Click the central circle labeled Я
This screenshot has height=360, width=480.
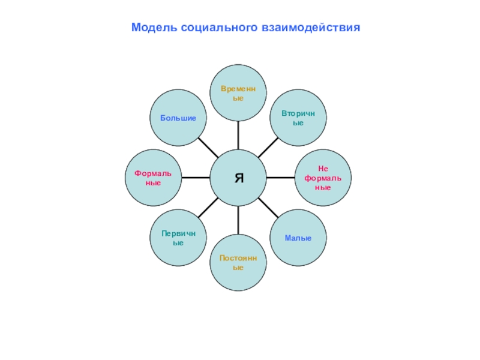(x=238, y=178)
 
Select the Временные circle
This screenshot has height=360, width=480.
(x=238, y=93)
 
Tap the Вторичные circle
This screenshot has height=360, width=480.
(x=298, y=118)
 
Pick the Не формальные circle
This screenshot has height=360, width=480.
(x=323, y=178)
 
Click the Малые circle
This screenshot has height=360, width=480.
(x=298, y=238)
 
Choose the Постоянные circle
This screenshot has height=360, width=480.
(x=238, y=262)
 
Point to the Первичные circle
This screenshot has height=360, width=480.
(x=178, y=238)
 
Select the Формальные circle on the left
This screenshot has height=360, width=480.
(x=153, y=178)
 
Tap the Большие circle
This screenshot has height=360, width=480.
(x=178, y=118)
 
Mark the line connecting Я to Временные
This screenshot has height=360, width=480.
(x=238, y=135)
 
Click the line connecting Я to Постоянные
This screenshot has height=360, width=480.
(x=238, y=220)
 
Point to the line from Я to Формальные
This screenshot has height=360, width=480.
(x=195, y=178)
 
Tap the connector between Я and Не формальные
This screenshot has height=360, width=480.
(x=281, y=178)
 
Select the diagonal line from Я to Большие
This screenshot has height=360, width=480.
(x=208, y=148)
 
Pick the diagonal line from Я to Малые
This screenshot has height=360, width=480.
(x=268, y=208)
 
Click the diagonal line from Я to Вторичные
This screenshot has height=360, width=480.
(x=268, y=148)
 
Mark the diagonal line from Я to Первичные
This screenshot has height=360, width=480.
(x=208, y=208)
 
